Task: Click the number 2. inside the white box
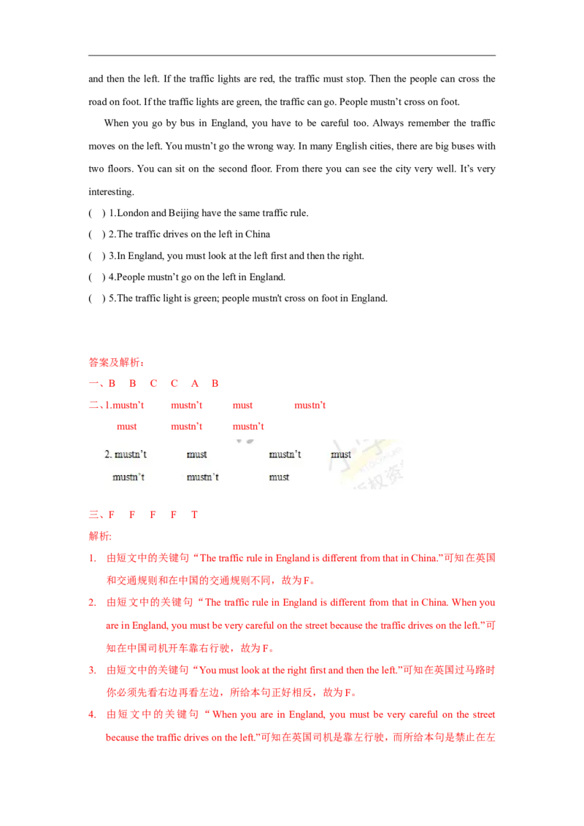tap(109, 455)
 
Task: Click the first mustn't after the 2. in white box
tap(131, 455)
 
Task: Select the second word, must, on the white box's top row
tap(196, 455)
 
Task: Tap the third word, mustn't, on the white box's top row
tap(285, 455)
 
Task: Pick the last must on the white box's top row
tap(341, 455)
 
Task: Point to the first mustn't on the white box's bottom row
tap(128, 477)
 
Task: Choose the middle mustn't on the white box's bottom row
tap(202, 477)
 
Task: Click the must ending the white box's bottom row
tap(279, 477)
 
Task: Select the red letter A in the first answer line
tap(194, 383)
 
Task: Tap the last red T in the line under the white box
tap(194, 514)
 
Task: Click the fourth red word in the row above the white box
tap(310, 406)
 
